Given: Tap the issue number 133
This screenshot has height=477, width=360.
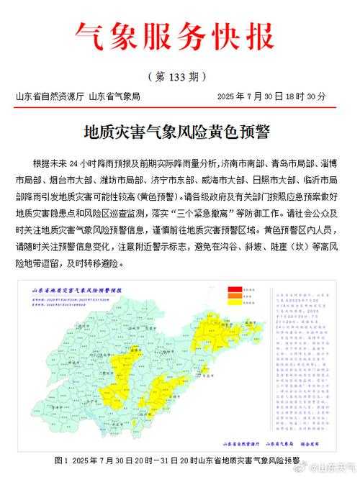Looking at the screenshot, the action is click(180, 77).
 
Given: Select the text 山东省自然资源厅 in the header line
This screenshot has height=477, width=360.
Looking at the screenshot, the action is click(49, 96).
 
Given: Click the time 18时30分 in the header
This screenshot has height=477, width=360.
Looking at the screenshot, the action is click(309, 96).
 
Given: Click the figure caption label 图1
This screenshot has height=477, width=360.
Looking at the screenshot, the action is click(60, 459).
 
